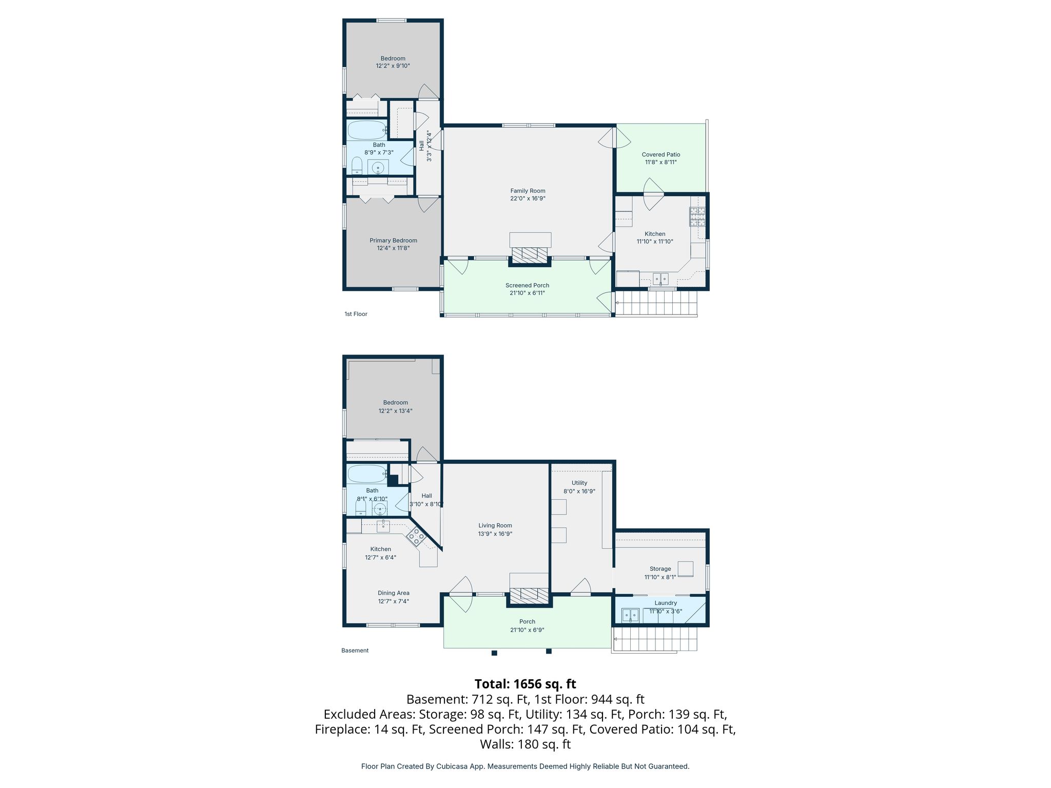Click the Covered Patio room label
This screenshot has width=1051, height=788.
click(x=661, y=154)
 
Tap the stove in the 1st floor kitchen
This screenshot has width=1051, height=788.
click(x=697, y=216)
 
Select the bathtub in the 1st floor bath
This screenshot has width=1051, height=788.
click(x=366, y=130)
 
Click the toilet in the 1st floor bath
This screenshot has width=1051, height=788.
click(x=357, y=166)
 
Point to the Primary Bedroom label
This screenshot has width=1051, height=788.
click(x=394, y=240)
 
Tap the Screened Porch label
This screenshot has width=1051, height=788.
click(x=528, y=285)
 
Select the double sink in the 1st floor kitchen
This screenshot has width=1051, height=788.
click(x=660, y=279)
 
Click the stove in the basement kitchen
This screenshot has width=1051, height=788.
click(x=416, y=537)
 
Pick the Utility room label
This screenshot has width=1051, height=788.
click(x=579, y=483)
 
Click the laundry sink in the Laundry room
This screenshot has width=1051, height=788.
click(x=630, y=615)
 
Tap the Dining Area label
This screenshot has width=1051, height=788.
click(x=394, y=593)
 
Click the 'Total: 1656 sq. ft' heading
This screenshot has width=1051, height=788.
click(x=525, y=684)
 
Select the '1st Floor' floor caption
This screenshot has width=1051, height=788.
click(x=356, y=314)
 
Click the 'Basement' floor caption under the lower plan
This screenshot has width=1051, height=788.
click(x=355, y=651)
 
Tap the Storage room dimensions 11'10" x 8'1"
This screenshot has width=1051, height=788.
click(x=660, y=577)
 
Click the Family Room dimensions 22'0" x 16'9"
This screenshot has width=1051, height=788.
click(x=528, y=199)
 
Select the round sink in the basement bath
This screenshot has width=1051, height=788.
click(x=380, y=509)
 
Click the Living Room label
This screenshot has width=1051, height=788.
click(x=495, y=525)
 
